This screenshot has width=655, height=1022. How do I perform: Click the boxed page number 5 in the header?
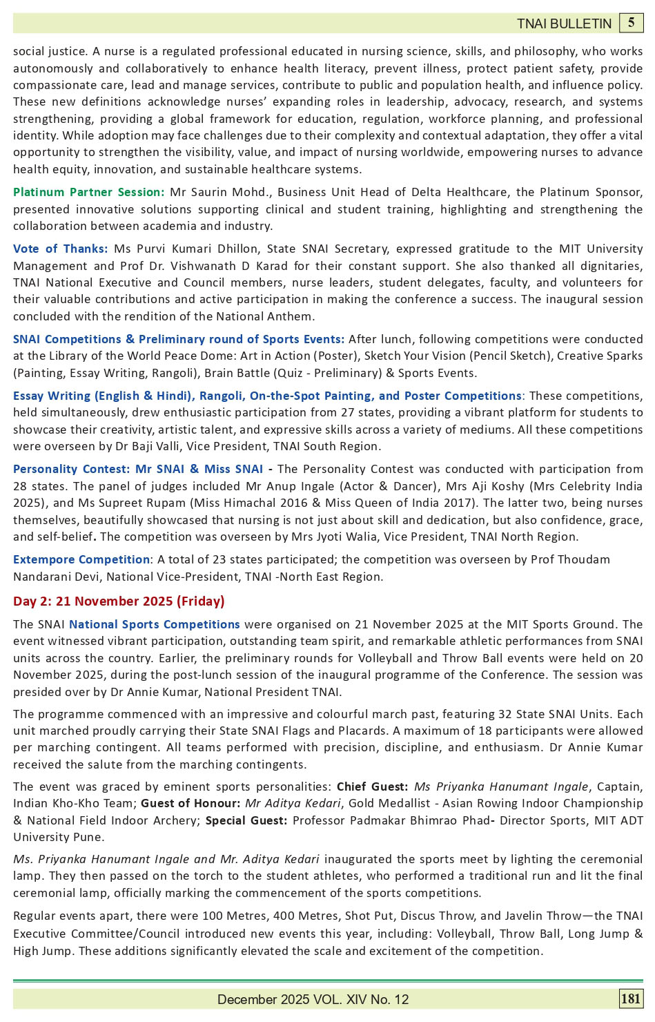631,23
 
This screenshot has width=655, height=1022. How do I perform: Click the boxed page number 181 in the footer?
631,999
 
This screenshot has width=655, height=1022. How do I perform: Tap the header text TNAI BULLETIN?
564,24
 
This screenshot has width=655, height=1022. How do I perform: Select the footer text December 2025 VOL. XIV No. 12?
313,999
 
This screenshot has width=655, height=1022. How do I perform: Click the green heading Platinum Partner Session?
88,192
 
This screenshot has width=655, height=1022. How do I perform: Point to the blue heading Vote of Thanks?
60,249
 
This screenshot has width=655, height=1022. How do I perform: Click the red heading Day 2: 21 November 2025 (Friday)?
119,601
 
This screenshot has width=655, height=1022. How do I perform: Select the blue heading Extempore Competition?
81,559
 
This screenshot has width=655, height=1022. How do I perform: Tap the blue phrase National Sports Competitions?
155,624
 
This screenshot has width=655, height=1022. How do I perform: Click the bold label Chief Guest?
372,787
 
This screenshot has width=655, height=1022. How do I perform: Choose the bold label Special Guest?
246,820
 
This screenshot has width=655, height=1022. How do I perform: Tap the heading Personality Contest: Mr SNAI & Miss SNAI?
138,469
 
